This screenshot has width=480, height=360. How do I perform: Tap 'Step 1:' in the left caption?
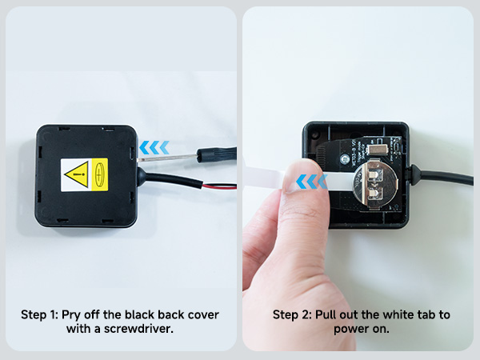pos(39,314)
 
